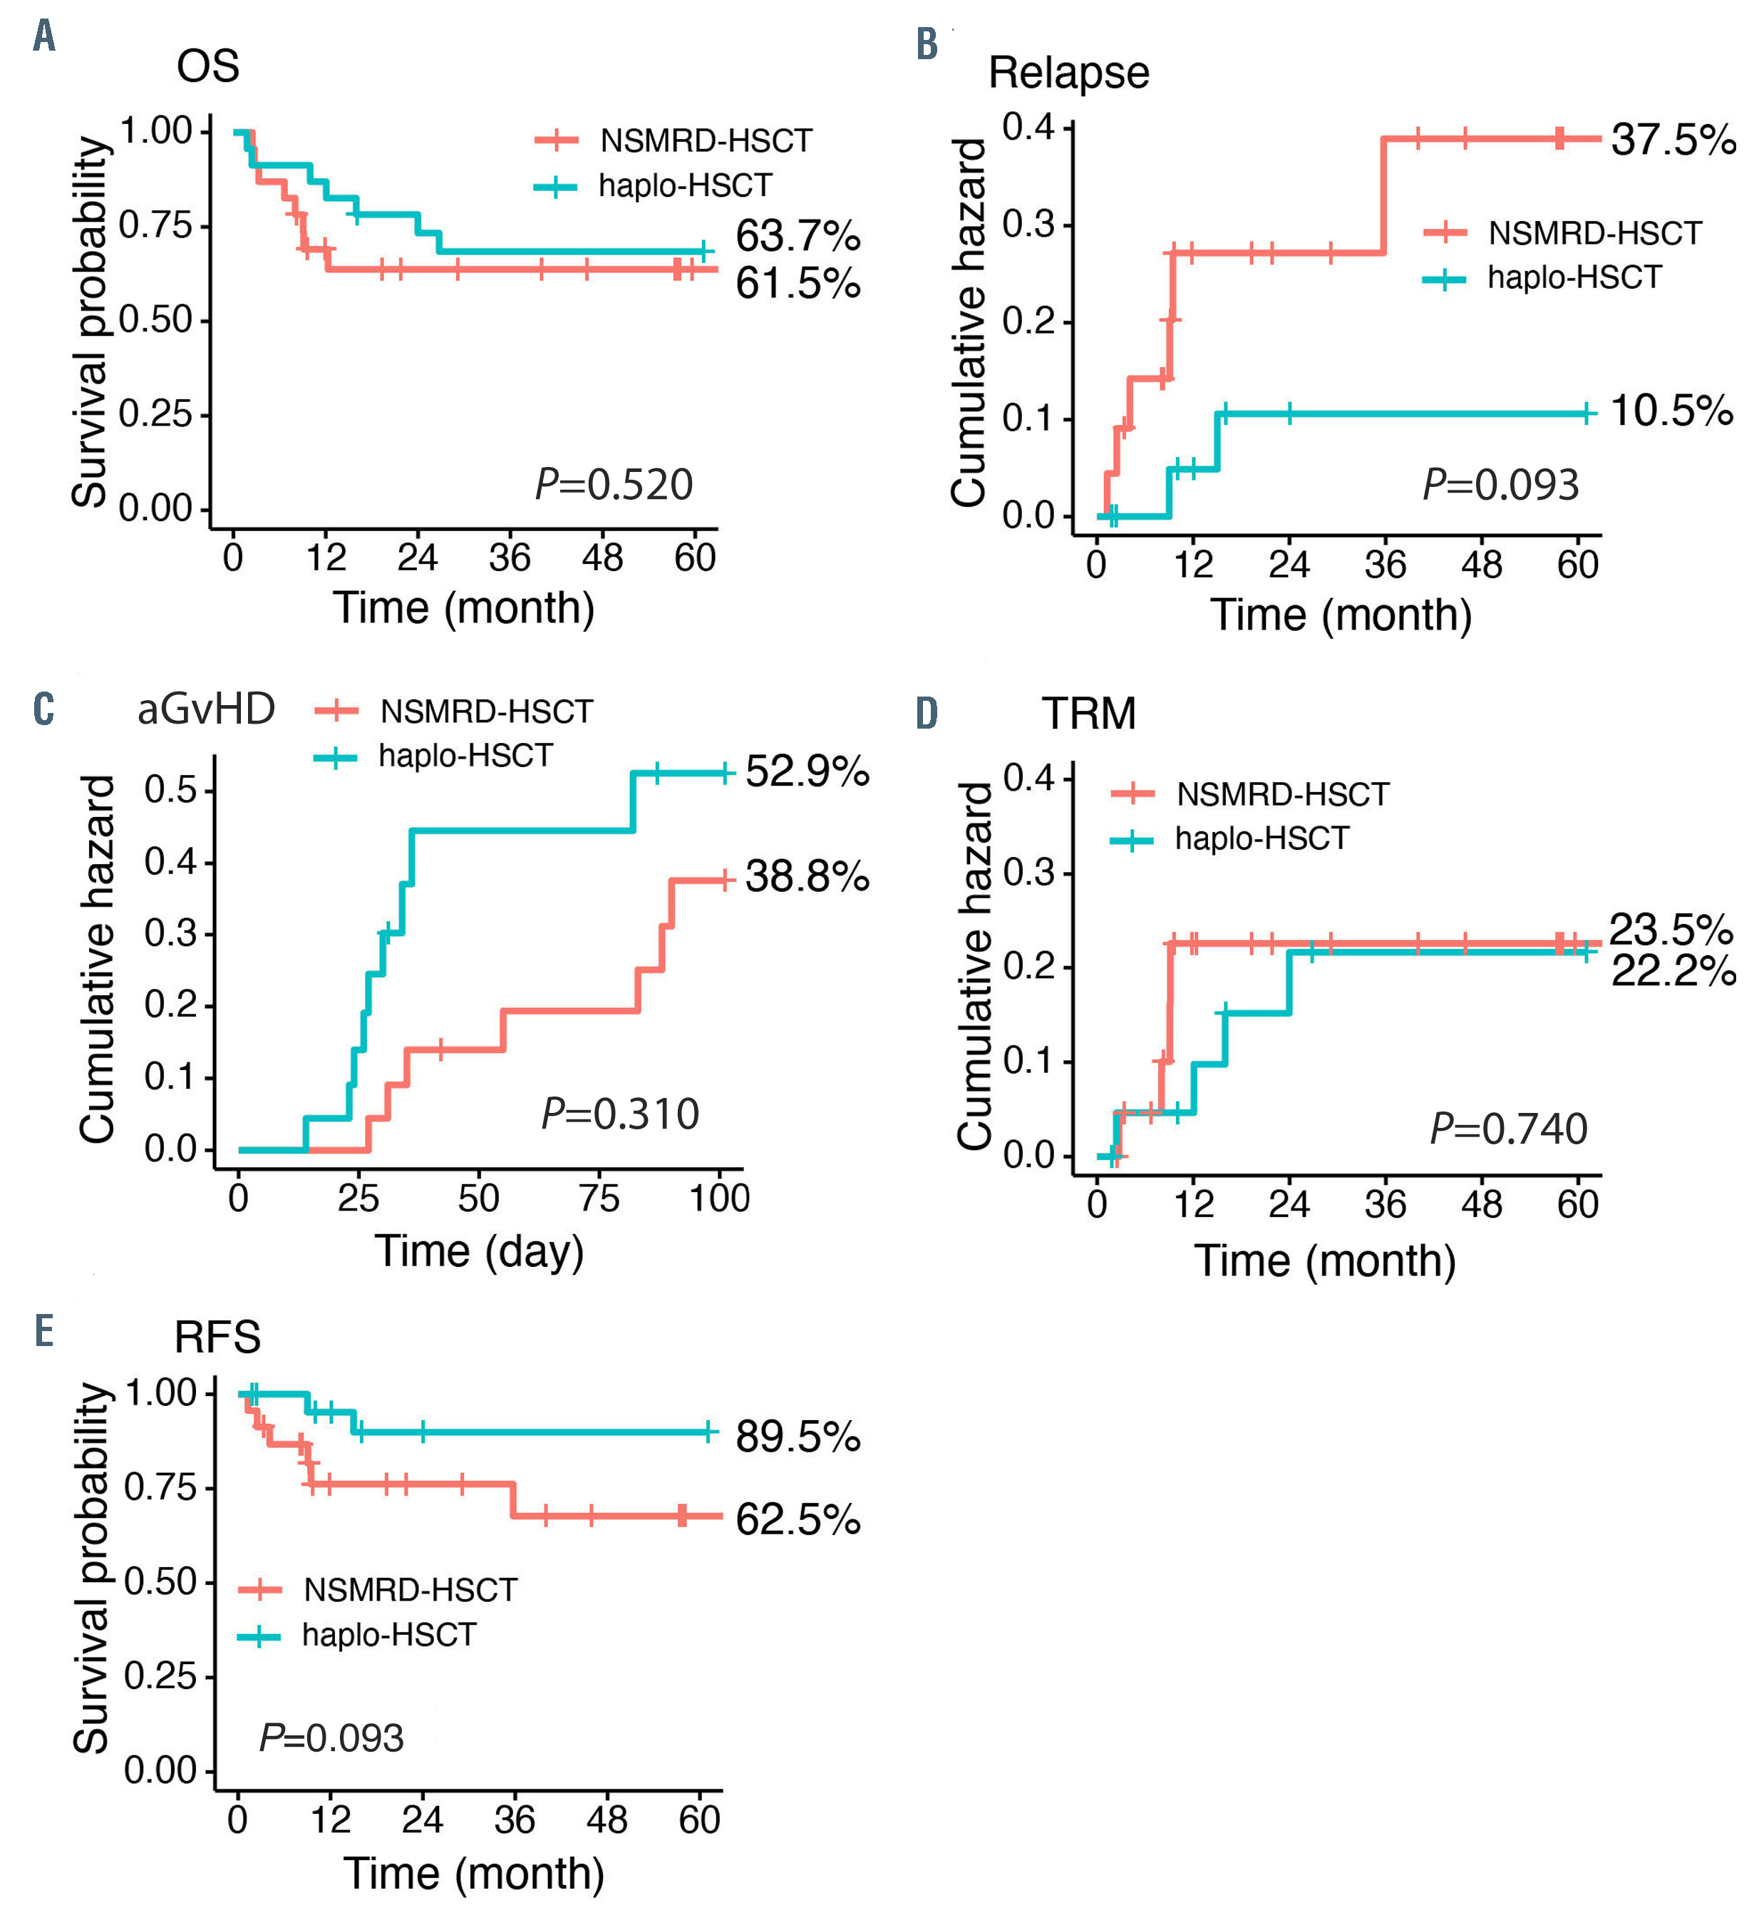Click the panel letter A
(x=43, y=36)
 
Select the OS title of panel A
(x=207, y=67)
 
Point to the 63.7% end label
(x=798, y=235)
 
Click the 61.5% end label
(x=798, y=283)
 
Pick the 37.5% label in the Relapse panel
(x=1673, y=140)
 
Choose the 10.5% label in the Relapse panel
(x=1671, y=411)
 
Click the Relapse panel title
(x=1068, y=73)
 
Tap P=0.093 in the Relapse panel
(x=1501, y=484)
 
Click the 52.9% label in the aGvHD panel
(x=807, y=771)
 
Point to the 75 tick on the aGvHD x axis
(x=599, y=1198)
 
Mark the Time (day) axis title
(x=479, y=1251)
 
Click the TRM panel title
(x=1088, y=714)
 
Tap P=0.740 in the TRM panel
(x=1508, y=1129)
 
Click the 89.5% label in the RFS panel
(x=798, y=1436)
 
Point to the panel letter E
(x=43, y=1330)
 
